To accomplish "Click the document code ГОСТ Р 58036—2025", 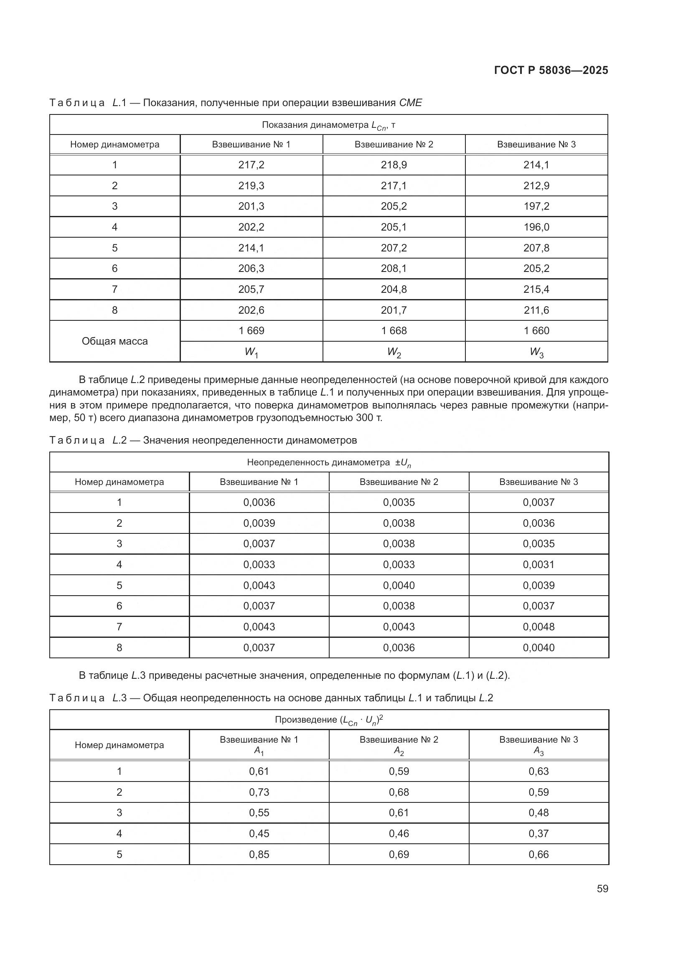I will [551, 70].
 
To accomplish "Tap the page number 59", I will [602, 888].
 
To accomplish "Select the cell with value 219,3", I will [251, 185].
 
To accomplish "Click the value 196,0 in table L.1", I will [536, 227].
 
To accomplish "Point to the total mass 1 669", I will [251, 331].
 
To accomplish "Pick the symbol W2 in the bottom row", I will [394, 353].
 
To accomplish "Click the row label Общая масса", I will [114, 341].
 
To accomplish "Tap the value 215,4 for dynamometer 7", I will [536, 289].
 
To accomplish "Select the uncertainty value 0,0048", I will [538, 627].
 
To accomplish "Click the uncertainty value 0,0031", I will [538, 565].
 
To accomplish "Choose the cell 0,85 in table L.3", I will [259, 855].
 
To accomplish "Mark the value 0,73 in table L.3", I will [259, 792].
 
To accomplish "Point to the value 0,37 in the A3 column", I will [538, 834].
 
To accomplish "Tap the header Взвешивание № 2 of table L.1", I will [394, 144].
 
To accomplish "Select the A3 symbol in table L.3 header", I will [538, 751].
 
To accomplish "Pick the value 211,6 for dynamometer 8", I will [536, 310].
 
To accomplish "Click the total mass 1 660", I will [536, 331].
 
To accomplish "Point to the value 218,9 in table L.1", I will [394, 165].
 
